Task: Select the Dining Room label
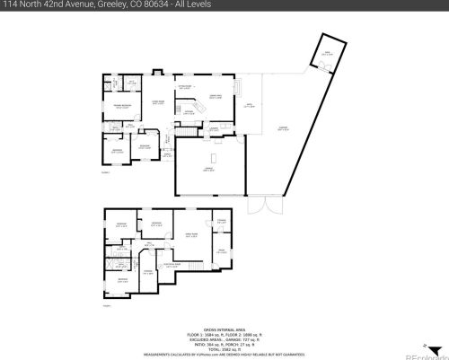(216, 96)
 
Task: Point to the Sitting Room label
(184, 86)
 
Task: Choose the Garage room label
(207, 170)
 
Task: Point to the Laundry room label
(216, 128)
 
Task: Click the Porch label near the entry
(166, 154)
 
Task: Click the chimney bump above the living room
(157, 71)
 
